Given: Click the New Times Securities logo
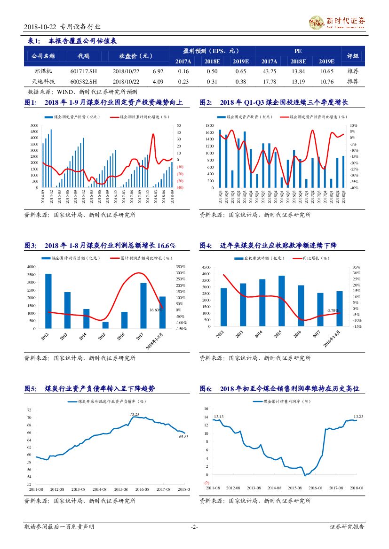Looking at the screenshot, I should click(x=337, y=22).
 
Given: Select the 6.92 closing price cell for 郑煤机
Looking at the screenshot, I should click(x=158, y=71).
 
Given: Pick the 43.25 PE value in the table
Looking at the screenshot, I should click(x=269, y=71).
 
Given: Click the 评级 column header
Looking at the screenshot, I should click(x=353, y=56).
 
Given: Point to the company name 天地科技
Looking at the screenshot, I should click(x=43, y=81).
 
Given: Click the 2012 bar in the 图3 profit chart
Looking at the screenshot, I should click(x=48, y=301).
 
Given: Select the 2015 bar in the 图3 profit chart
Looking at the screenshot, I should click(x=105, y=325).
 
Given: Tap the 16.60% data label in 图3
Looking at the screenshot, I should click(x=156, y=310).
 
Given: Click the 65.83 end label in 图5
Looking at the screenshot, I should click(x=183, y=437).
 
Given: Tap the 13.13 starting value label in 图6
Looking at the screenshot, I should click(x=218, y=417).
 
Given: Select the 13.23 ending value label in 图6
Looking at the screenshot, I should click(x=358, y=417).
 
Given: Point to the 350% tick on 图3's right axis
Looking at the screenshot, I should click(x=181, y=267).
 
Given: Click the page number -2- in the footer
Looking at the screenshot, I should click(x=194, y=527).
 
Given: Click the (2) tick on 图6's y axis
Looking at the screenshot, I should click(x=206, y=483).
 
